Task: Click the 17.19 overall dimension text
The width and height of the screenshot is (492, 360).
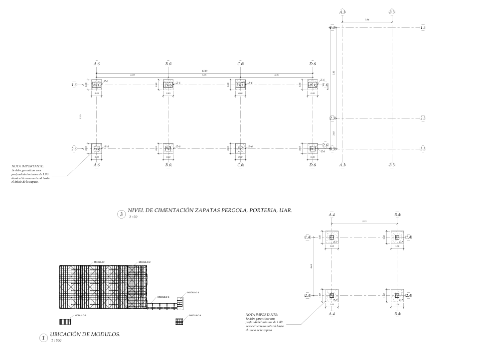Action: click(x=204, y=72)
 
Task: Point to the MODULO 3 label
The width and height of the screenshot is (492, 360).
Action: click(x=193, y=293)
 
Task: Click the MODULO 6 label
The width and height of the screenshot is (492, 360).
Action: click(x=164, y=297)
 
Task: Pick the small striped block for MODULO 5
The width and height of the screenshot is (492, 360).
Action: click(x=66, y=322)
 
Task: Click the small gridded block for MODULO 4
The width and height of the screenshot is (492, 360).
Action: click(x=180, y=322)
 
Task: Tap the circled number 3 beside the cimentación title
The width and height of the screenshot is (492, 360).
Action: click(x=121, y=215)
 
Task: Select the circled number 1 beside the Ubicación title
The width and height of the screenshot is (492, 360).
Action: click(x=43, y=338)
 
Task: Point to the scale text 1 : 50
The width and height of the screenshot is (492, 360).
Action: click(x=134, y=218)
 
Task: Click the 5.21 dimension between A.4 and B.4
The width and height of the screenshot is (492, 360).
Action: click(x=365, y=221)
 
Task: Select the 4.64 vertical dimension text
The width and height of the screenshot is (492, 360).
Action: click(x=312, y=267)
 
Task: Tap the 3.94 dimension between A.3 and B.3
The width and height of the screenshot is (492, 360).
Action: click(x=367, y=19)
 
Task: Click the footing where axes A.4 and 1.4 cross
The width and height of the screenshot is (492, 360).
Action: click(x=331, y=238)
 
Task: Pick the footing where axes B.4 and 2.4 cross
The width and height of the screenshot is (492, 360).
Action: click(x=397, y=296)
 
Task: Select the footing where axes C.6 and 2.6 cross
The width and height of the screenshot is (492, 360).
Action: click(x=240, y=148)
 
